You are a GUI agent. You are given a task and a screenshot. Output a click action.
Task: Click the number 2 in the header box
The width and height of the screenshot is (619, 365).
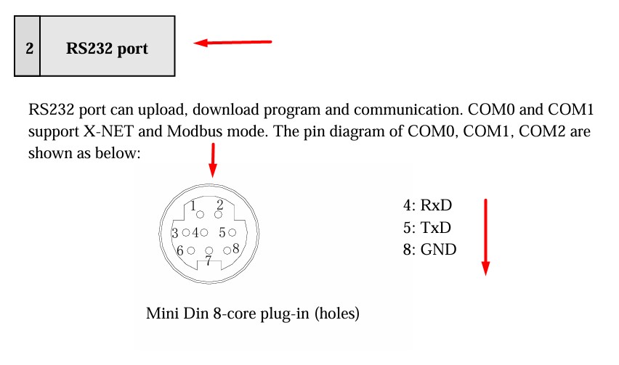coord(29,49)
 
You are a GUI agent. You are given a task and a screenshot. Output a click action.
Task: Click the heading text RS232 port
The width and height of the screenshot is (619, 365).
coord(107,49)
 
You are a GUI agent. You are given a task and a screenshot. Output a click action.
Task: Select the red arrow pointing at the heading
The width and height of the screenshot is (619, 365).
coord(232,43)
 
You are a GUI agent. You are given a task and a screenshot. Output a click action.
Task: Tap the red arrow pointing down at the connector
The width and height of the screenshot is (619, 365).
coord(212,160)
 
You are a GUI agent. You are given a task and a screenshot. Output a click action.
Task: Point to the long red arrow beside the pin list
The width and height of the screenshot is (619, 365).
coord(485,237)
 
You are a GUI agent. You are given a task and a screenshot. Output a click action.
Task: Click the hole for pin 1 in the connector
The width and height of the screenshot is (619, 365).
coord(201,214)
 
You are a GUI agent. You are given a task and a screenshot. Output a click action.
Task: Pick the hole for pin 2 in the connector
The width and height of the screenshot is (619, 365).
coord(218,215)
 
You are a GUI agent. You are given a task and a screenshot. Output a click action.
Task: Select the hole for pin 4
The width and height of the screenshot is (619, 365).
coord(204,233)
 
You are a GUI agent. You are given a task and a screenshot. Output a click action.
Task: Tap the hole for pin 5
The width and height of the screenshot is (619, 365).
coord(232,233)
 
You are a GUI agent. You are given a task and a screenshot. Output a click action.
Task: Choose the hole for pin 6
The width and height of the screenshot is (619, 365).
coord(190,250)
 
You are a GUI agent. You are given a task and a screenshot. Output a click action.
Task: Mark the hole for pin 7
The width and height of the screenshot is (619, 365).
coord(209,251)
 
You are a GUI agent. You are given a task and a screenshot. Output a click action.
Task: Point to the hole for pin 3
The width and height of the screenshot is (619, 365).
coord(186,233)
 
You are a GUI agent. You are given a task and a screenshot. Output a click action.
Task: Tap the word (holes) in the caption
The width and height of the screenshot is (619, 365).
coord(337,315)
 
